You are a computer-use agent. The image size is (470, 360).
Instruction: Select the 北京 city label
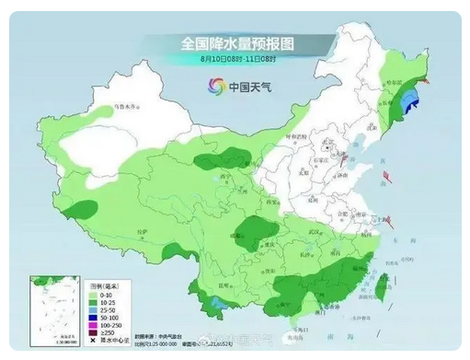(326, 148)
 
